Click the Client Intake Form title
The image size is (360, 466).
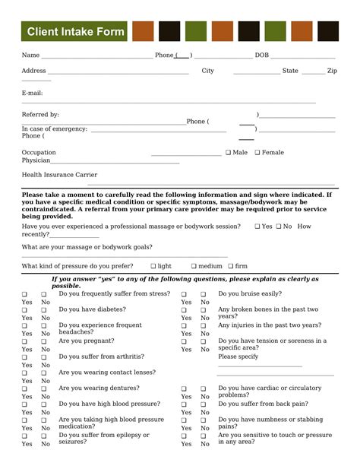[x=74, y=32]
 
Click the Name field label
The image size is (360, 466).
[x=30, y=55]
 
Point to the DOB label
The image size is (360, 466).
[x=262, y=55]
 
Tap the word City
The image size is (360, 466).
[x=207, y=71]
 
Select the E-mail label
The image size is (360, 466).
[x=32, y=93]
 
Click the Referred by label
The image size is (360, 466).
[x=40, y=115]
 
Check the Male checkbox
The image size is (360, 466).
[x=229, y=153]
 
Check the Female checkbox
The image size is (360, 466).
[x=257, y=153]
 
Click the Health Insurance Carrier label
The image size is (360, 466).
[x=59, y=175]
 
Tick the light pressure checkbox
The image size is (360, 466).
[x=153, y=267]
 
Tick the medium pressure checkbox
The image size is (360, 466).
[x=194, y=267]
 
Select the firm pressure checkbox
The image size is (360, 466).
[x=230, y=267]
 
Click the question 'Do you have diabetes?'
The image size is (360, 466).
[x=92, y=309]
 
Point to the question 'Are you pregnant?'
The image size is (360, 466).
[x=86, y=341]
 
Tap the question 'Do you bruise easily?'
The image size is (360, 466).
[x=250, y=293]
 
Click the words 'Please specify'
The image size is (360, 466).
[x=238, y=357]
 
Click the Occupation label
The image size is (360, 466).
[x=39, y=153]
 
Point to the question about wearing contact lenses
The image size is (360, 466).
[x=106, y=372]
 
